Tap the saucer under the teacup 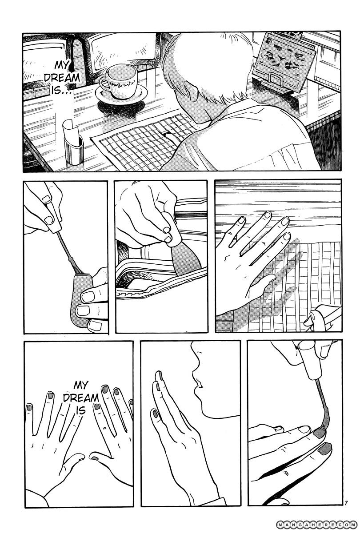point(121,95)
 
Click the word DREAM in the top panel point(62,78)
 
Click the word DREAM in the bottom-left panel point(81,398)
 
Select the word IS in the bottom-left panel point(81,411)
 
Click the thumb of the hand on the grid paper point(263,284)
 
